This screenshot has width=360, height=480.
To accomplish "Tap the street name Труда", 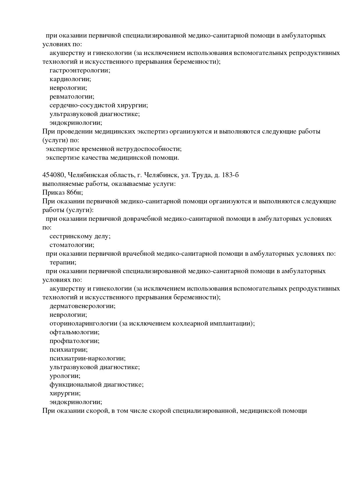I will pos(201,175).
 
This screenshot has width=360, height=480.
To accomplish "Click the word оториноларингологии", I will pos(83,323).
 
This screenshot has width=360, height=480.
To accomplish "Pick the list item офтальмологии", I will pos(75,332).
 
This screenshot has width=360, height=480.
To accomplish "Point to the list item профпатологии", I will pos(75,341).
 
